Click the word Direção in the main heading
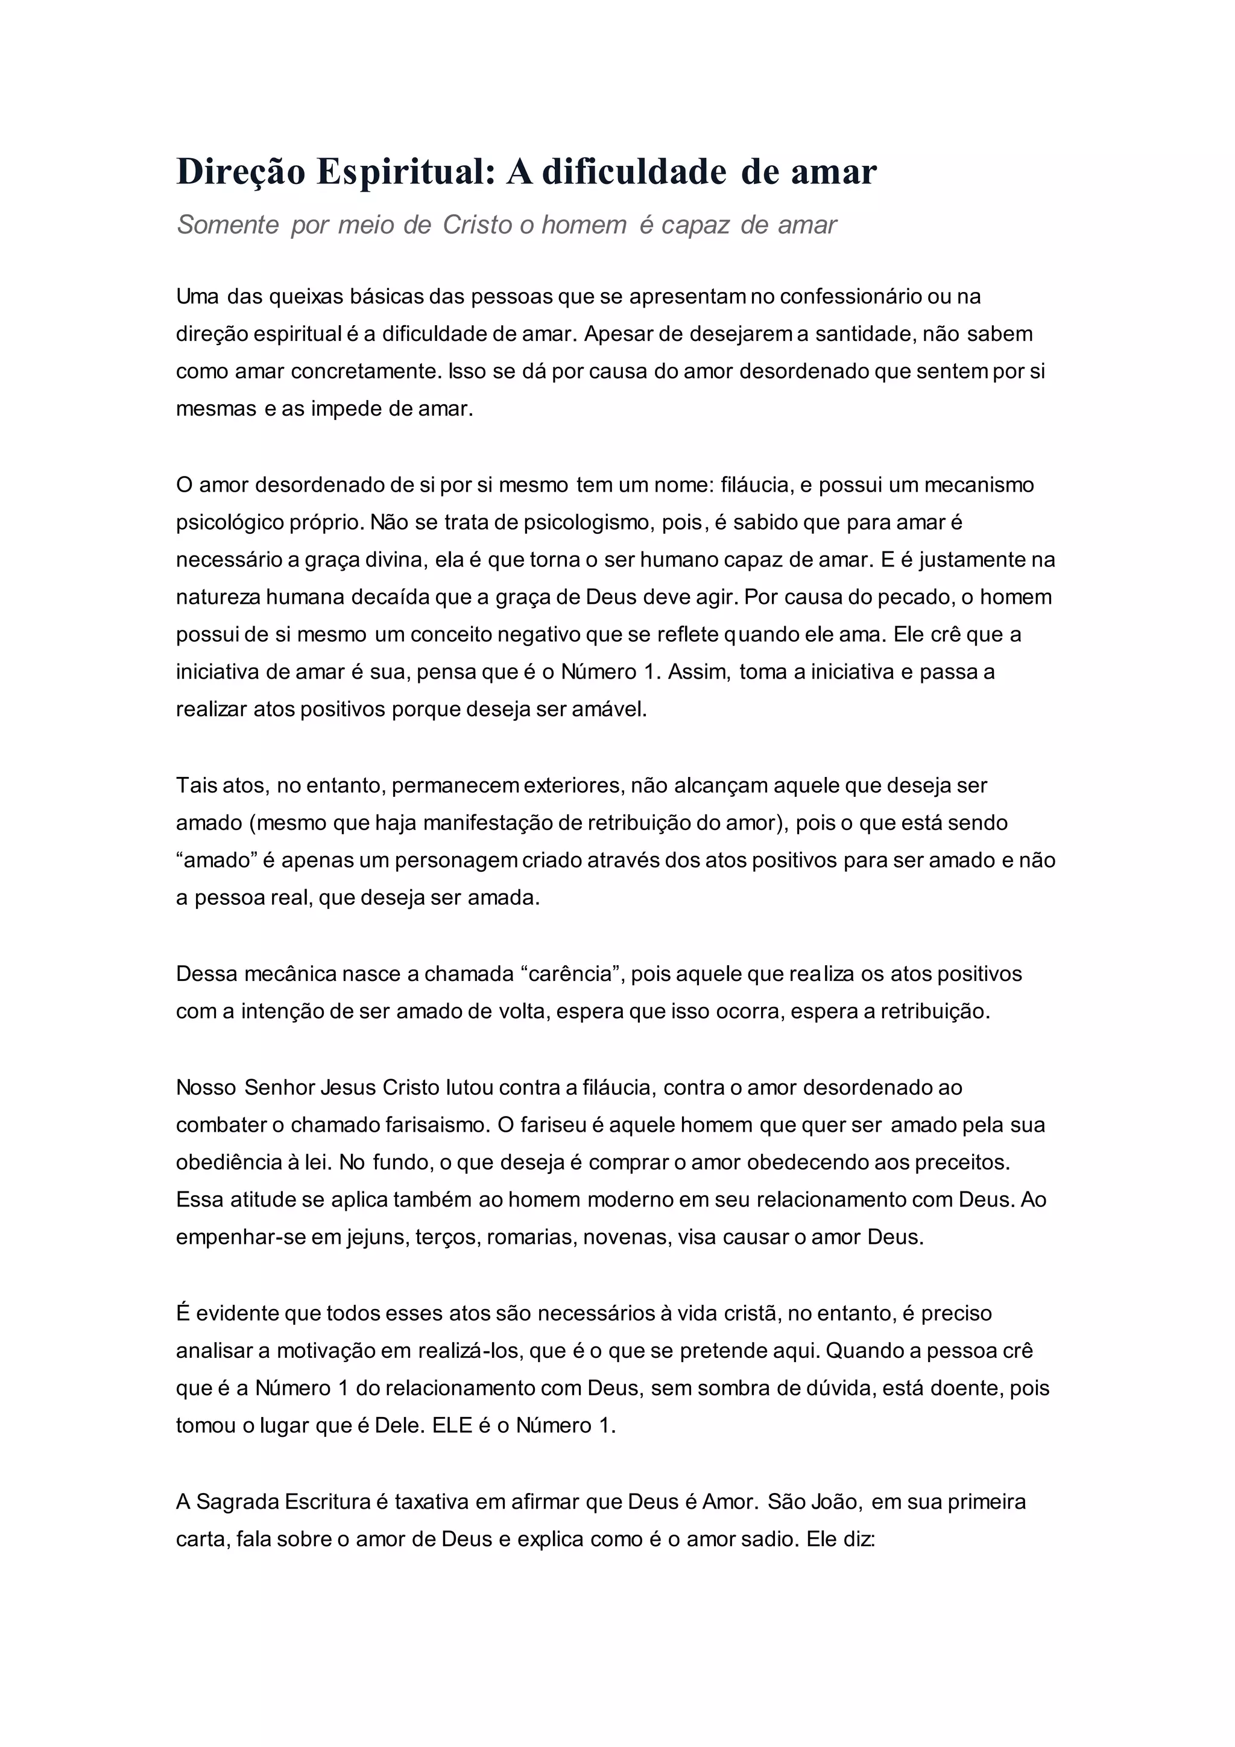click(x=241, y=172)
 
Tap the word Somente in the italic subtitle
click(x=228, y=225)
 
